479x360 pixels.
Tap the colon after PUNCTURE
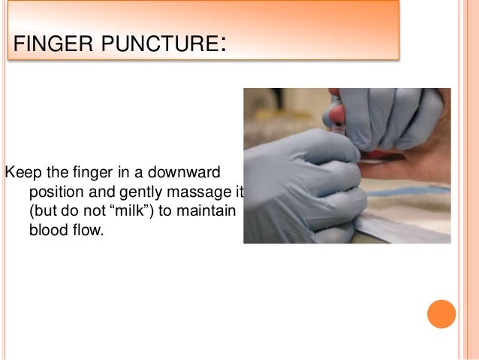click(x=224, y=45)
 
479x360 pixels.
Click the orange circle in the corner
click(x=441, y=314)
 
